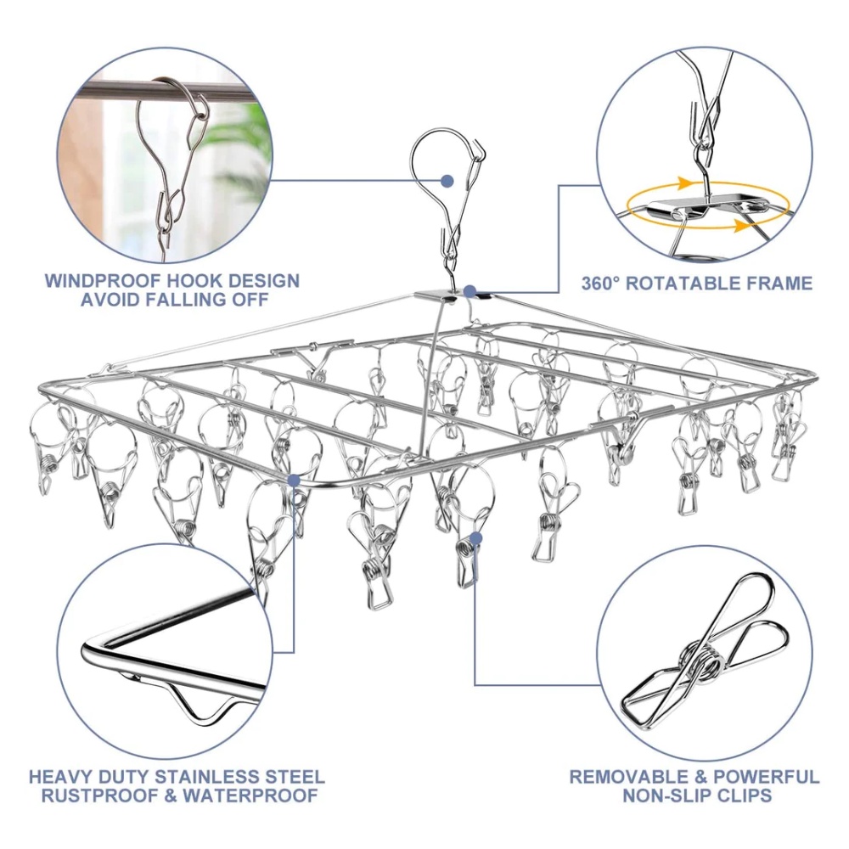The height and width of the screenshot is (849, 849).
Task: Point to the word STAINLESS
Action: pos(216,777)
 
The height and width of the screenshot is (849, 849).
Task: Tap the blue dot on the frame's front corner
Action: pos(295,480)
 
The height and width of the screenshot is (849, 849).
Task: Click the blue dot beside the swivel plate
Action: pos(470,291)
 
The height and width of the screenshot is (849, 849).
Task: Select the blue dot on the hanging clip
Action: pos(476,537)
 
